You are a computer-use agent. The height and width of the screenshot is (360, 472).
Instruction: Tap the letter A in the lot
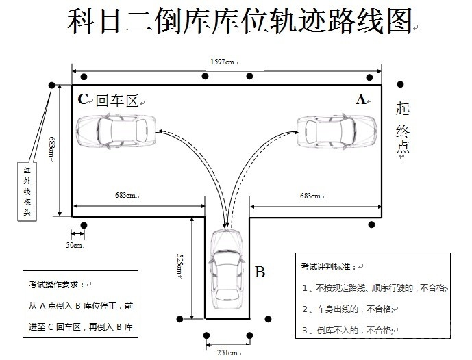pos(360,99)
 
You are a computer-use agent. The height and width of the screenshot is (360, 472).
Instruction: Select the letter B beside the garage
pos(260,272)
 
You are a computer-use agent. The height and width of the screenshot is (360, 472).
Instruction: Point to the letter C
pos(83,99)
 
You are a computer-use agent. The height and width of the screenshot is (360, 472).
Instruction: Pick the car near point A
pos(336,130)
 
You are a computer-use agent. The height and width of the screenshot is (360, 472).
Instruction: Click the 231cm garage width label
pos(227,352)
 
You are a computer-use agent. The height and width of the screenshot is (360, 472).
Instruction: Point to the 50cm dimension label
pos(74,244)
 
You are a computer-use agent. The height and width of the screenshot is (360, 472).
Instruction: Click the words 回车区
pos(116,101)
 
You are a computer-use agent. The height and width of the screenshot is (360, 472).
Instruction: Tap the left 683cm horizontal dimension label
pos(128,196)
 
